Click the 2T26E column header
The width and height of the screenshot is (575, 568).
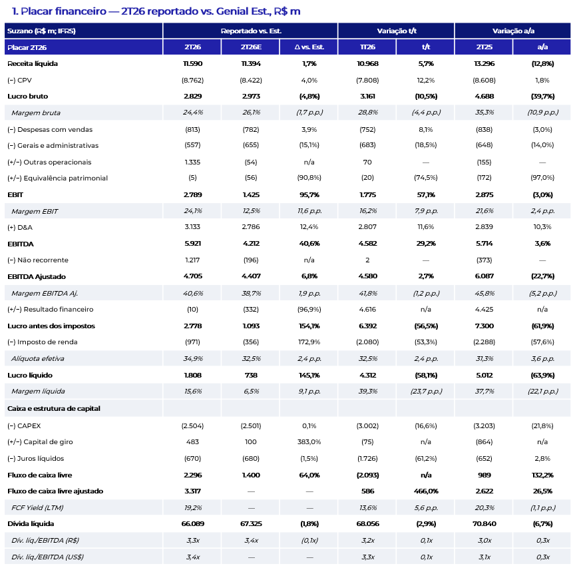click(x=251, y=47)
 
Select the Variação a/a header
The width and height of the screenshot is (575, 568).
click(x=513, y=31)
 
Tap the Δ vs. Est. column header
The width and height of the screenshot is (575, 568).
click(x=309, y=47)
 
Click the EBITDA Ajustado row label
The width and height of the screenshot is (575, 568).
click(x=37, y=276)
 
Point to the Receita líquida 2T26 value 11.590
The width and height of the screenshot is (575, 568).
click(x=192, y=63)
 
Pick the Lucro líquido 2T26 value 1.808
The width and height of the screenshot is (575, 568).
click(x=192, y=375)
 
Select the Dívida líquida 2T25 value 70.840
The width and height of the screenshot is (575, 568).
click(x=484, y=523)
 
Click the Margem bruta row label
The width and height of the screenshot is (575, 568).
click(x=35, y=113)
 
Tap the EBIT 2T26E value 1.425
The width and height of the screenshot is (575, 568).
click(x=251, y=195)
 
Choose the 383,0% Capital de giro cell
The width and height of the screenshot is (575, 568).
click(x=309, y=441)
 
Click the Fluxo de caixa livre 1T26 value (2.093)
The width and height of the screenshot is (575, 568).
click(x=367, y=475)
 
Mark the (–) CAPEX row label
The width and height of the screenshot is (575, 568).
click(x=24, y=426)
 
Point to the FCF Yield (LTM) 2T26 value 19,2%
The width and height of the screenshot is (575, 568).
click(x=192, y=507)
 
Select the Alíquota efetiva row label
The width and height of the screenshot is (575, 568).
click(x=37, y=358)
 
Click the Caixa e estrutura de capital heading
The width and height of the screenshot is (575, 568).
click(x=53, y=408)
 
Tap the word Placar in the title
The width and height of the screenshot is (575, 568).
click(x=37, y=11)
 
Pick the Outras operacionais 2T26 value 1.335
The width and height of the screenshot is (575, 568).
click(x=192, y=162)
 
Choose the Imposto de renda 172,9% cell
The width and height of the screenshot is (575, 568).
click(x=309, y=342)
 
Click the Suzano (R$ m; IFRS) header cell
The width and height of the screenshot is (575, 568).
click(x=41, y=31)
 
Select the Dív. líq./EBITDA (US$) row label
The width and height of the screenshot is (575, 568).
click(x=47, y=557)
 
